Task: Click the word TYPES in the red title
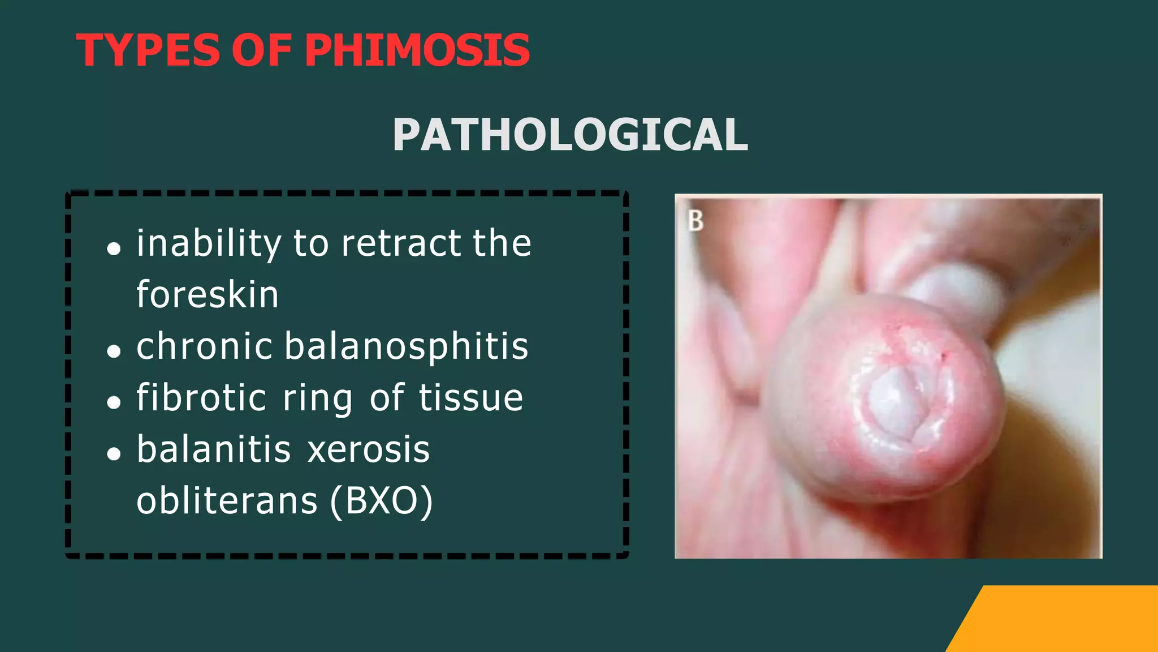click(148, 50)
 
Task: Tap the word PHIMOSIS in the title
click(417, 50)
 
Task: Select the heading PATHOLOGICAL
click(570, 135)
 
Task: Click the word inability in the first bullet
click(209, 244)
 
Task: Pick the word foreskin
click(208, 295)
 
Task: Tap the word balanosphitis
click(406, 346)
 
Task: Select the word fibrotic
click(201, 397)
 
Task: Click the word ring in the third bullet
click(318, 398)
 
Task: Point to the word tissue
click(471, 397)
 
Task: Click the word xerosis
click(369, 450)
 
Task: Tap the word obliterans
click(227, 501)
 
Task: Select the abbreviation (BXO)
click(382, 501)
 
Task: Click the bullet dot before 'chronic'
click(114, 351)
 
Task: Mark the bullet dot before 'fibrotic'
click(114, 402)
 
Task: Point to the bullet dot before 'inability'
click(114, 248)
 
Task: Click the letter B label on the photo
click(695, 221)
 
